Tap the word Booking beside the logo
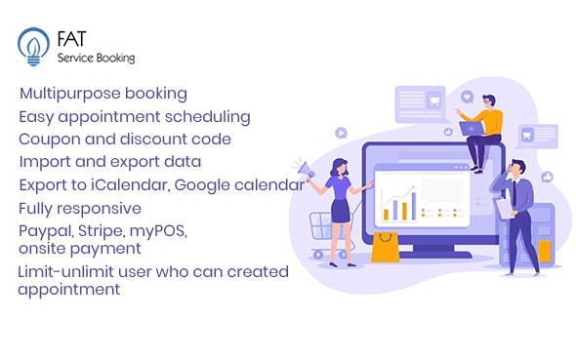(x=114, y=58)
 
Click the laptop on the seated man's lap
(x=473, y=128)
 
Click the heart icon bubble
(x=467, y=98)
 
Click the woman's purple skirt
(x=341, y=210)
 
